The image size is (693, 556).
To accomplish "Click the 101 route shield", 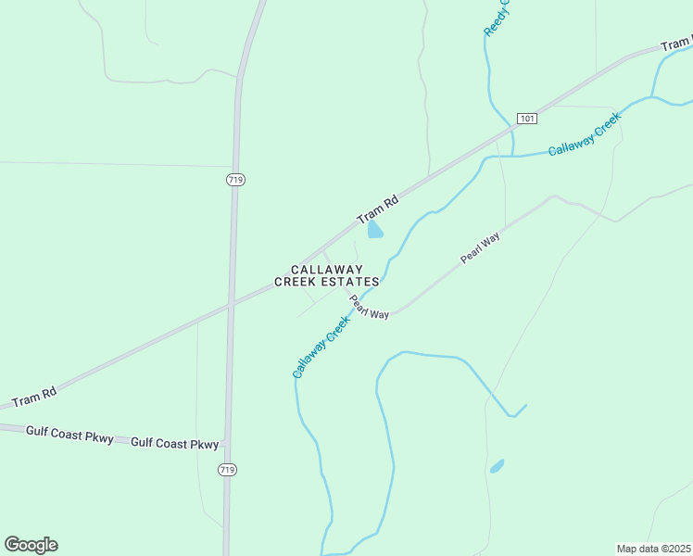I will pyautogui.click(x=526, y=119).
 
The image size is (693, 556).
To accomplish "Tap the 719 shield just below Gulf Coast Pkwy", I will pyautogui.click(x=228, y=470).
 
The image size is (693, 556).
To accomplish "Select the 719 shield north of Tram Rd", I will pyautogui.click(x=235, y=180).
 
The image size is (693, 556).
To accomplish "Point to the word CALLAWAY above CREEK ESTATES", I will pyautogui.click(x=327, y=269).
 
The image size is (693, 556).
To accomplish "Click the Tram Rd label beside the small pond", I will pyautogui.click(x=378, y=210).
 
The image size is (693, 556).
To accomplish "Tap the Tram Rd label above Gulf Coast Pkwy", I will pyautogui.click(x=34, y=396).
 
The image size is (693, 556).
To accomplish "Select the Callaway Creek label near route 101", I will pyautogui.click(x=583, y=136).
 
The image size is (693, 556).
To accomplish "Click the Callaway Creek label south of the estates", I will pyautogui.click(x=321, y=347).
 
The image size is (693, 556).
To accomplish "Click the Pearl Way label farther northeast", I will pyautogui.click(x=480, y=248).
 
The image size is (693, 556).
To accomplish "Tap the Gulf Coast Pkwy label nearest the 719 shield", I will pyautogui.click(x=175, y=443).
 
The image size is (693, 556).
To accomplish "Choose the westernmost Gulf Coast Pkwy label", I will pyautogui.click(x=69, y=433).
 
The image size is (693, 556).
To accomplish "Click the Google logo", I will pyautogui.click(x=31, y=545).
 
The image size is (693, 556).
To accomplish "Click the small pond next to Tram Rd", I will pyautogui.click(x=374, y=230).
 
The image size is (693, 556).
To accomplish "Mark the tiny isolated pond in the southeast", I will pyautogui.click(x=498, y=465).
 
